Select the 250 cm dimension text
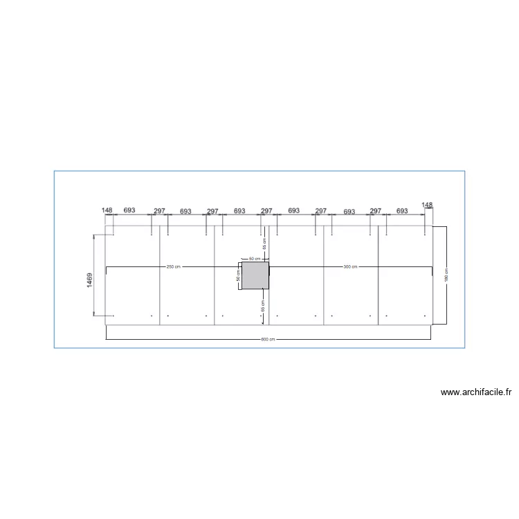coord(173,266)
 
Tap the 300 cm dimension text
coord(350,266)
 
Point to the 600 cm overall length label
coord(268,339)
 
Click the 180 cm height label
coord(446,275)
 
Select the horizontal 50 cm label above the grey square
coord(253,258)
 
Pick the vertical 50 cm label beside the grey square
coord(238,275)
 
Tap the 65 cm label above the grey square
coord(264,244)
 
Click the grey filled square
coord(255,275)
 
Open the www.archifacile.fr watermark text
coord(477,392)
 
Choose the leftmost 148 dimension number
coord(107,210)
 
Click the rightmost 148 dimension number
coord(427,205)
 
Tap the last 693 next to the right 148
coord(402,210)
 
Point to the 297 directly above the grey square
coord(266,210)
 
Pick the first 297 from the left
coord(159,210)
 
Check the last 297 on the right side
coord(376,210)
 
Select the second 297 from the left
coord(212,210)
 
